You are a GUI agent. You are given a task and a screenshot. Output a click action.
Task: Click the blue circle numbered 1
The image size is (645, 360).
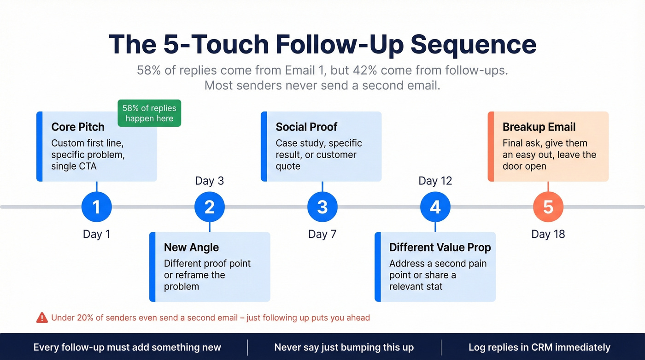point(96,207)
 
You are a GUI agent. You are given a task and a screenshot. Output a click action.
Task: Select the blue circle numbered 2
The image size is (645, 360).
point(209,207)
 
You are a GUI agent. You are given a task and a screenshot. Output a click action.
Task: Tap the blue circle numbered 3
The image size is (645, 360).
point(322,207)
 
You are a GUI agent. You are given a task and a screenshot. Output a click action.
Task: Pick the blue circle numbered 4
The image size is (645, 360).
point(435,207)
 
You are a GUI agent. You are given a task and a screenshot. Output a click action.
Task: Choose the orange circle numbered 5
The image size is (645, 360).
point(548,207)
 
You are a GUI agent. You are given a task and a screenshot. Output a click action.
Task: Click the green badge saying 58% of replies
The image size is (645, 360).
point(149,113)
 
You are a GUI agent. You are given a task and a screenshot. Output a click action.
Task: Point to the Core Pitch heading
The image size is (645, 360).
point(78,127)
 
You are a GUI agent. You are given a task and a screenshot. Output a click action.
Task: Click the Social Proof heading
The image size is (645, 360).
point(306,127)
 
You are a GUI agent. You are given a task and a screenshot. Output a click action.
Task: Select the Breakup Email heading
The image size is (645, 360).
point(539,127)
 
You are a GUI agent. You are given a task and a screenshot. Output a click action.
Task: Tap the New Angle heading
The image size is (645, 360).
point(191,248)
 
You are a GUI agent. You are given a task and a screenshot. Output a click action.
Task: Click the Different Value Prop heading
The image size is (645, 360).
point(440,248)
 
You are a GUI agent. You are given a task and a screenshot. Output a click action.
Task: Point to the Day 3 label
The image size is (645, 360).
point(209,181)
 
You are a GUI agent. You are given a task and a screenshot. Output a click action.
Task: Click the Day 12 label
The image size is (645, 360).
point(435,181)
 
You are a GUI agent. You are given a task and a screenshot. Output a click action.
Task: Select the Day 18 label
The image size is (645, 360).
point(548,234)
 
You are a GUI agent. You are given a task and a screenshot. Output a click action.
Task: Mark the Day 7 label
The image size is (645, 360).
point(322,234)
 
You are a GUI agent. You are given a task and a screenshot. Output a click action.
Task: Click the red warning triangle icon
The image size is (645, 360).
point(42,317)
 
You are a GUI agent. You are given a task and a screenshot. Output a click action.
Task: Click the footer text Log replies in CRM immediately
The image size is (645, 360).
point(539,347)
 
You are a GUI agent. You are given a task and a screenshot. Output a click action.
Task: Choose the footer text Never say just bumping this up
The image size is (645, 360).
point(344,347)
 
